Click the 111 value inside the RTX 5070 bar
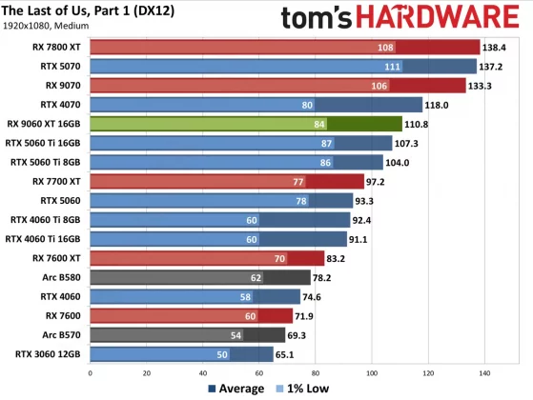[392, 66]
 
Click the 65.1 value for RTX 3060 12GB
[289, 355]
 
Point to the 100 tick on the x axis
[372, 372]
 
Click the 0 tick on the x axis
[89, 372]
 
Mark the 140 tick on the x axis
[485, 372]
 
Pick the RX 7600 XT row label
[57, 258]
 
